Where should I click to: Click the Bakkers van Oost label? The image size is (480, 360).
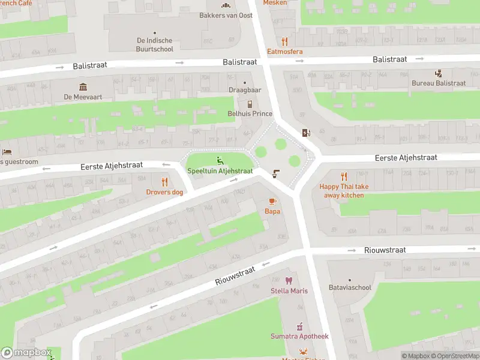pyautogui.click(x=226, y=16)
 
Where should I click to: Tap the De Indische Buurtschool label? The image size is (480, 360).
pyautogui.click(x=155, y=45)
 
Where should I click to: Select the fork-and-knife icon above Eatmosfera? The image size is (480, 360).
pyautogui.click(x=285, y=41)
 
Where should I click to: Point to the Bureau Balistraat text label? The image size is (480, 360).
pyautogui.click(x=439, y=83)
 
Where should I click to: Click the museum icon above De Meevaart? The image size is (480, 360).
pyautogui.click(x=83, y=86)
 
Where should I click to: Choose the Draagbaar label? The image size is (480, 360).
pyautogui.click(x=245, y=90)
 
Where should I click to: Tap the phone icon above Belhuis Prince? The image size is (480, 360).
pyautogui.click(x=250, y=104)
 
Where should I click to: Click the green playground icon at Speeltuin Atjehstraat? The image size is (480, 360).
pyautogui.click(x=220, y=160)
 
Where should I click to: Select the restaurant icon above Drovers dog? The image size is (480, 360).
pyautogui.click(x=164, y=182)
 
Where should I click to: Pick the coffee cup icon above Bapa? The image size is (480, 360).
pyautogui.click(x=272, y=201)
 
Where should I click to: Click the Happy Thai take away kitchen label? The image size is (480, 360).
pyautogui.click(x=344, y=191)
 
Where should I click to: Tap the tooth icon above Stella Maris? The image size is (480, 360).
pyautogui.click(x=289, y=281)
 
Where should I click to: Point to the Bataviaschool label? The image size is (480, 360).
pyautogui.click(x=350, y=287)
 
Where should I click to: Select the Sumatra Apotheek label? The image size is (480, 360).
pyautogui.click(x=299, y=337)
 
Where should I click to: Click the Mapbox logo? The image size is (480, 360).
pyautogui.click(x=26, y=353)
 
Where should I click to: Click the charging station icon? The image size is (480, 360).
pyautogui.click(x=307, y=133)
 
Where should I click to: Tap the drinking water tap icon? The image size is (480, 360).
pyautogui.click(x=275, y=173)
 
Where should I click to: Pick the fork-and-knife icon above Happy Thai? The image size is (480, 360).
pyautogui.click(x=344, y=176)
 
